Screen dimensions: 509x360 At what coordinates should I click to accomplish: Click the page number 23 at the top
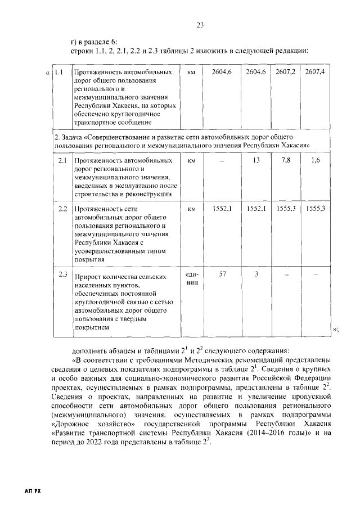[x=200, y=24]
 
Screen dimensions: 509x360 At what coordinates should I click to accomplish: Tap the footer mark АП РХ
[x=33, y=491]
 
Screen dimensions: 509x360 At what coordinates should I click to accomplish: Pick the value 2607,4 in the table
[x=314, y=73]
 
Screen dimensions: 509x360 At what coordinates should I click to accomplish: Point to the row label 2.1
[x=63, y=161]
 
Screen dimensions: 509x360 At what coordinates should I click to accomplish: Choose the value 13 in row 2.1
[x=256, y=161]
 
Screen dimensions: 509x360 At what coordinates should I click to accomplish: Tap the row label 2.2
[x=63, y=209]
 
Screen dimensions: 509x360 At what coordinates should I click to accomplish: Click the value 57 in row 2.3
[x=222, y=274]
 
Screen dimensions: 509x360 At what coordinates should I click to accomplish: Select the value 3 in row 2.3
[x=256, y=274]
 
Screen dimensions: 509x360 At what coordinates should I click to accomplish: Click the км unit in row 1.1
[x=191, y=73]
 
